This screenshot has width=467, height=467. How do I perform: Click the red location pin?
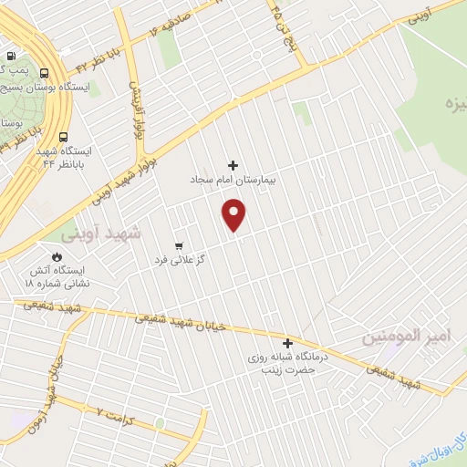pos(235,215)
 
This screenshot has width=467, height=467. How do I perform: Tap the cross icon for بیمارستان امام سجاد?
pos(233,165)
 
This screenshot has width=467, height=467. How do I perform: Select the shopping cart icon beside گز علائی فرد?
pos(179,246)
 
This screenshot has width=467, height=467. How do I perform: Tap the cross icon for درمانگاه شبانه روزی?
pos(288,344)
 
